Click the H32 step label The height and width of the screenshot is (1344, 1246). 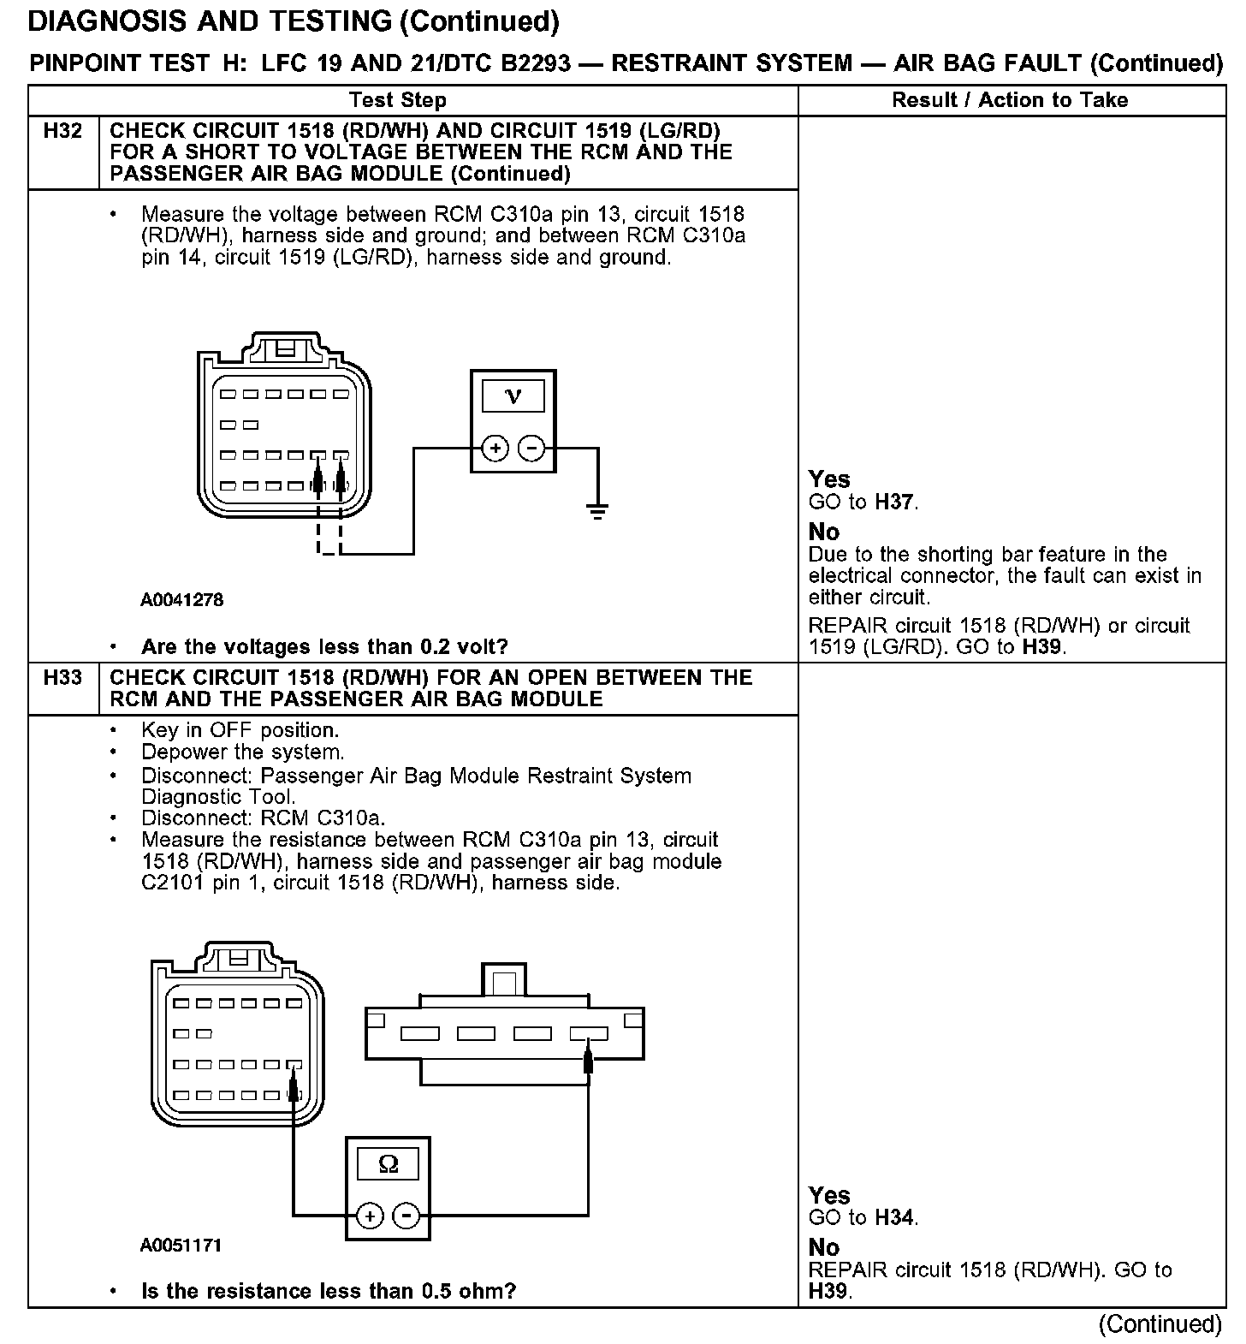pos(63,131)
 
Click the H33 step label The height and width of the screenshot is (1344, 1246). pos(63,677)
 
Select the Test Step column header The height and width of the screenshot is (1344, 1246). pos(398,100)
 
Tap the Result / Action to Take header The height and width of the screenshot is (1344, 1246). pos(1010,100)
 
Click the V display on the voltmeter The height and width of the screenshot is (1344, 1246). pos(513,395)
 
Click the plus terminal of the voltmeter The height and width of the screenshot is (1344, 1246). pos(495,448)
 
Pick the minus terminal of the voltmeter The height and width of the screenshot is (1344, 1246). pos(531,448)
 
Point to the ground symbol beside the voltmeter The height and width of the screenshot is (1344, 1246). pos(597,511)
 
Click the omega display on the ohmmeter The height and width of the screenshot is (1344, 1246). pos(388,1164)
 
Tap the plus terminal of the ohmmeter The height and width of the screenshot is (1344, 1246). pos(370,1216)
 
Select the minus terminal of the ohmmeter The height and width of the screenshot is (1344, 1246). pos(406,1216)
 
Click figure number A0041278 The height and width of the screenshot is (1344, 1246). pos(181,600)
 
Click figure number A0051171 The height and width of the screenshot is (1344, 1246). pos(181,1245)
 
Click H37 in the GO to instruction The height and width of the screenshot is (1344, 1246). pos(894,502)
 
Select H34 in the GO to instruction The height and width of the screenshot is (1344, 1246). pos(894,1217)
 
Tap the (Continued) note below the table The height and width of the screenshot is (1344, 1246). pos(1160,1323)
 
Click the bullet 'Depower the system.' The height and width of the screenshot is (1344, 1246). pos(243,752)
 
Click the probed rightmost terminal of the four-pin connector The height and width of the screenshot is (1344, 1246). pos(589,1034)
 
